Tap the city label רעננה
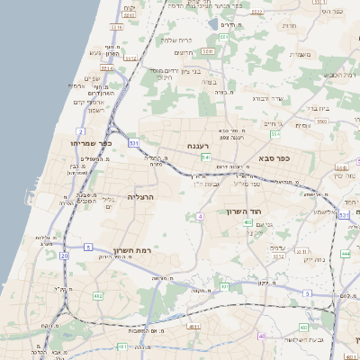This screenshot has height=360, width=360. click(198, 145)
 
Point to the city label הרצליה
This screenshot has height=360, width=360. click(141, 196)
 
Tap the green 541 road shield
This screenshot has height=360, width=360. click(206, 158)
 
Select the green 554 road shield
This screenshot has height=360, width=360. click(274, 134)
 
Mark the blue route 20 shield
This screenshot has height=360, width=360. click(64, 256)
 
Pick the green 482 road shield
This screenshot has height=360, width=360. click(98, 295)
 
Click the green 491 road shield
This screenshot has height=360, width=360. click(224, 286)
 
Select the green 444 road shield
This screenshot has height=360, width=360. click(345, 254)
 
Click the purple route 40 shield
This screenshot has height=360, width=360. click(262, 336)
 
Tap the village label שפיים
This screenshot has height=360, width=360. click(92, 78)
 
